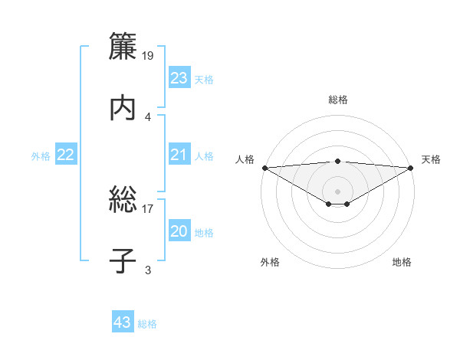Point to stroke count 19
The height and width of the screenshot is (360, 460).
[x=149, y=56]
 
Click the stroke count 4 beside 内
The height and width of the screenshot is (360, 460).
[x=148, y=116]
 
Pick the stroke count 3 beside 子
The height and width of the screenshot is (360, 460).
[x=148, y=269]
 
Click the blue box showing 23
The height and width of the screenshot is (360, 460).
[x=179, y=78]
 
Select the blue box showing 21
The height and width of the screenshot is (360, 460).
[x=179, y=155]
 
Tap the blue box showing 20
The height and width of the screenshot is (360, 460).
[x=179, y=232]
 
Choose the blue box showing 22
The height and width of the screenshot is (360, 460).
[x=66, y=155]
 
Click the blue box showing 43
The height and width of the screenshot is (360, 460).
[x=123, y=322]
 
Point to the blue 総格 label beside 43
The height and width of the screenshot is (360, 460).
[x=147, y=324]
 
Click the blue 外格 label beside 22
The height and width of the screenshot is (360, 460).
[x=41, y=156]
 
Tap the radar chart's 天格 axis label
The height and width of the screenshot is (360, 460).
[x=431, y=159]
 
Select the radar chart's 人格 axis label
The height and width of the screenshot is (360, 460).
[x=245, y=159]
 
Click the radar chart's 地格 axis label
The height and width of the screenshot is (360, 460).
[x=402, y=262]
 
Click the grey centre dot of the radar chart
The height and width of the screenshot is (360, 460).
[x=337, y=191]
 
